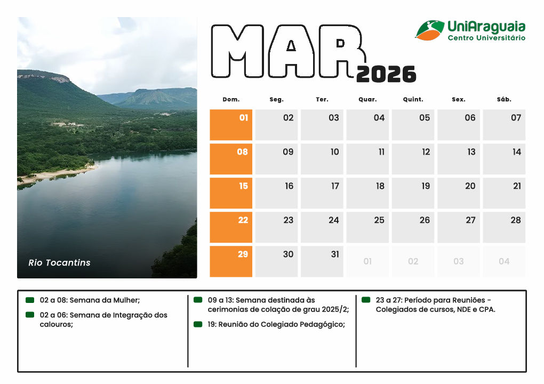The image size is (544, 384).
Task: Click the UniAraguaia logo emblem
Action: (x=430, y=30)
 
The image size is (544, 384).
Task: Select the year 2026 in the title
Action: (x=386, y=75)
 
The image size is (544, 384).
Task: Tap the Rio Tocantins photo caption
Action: (x=59, y=262)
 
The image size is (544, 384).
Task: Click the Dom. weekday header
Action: (x=231, y=99)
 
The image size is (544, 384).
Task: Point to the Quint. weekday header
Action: (x=413, y=99)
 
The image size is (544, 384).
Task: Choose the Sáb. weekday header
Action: (x=503, y=99)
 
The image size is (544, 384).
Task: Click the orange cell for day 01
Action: (x=231, y=125)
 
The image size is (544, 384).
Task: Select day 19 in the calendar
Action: (x=413, y=193)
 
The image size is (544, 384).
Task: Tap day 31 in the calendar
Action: (x=322, y=261)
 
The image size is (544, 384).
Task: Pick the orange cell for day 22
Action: (x=231, y=227)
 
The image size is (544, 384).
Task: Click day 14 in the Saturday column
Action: (x=504, y=159)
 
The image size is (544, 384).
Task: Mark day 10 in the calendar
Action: (x=322, y=159)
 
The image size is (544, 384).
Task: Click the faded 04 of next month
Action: (x=504, y=261)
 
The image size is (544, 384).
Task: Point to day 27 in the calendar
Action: (x=459, y=227)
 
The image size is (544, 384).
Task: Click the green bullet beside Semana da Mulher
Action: (x=30, y=300)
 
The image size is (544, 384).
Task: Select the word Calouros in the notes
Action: (x=55, y=324)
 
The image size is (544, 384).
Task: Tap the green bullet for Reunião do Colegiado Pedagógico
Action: (x=198, y=324)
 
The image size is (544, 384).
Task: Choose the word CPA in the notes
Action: (x=487, y=309)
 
